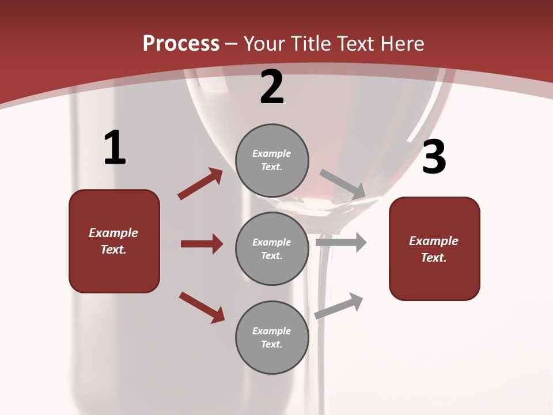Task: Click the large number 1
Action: (115, 148)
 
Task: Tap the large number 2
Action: (272, 87)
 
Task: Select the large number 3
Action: (434, 157)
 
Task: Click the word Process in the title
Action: (181, 43)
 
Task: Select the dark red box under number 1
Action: (114, 241)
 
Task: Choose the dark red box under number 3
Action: (434, 248)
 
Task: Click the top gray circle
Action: (272, 160)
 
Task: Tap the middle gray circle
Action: (272, 248)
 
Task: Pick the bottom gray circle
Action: (272, 337)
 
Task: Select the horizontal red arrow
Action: (202, 244)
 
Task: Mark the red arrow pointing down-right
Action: (202, 307)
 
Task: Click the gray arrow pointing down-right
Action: (342, 184)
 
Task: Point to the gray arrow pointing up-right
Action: (339, 305)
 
